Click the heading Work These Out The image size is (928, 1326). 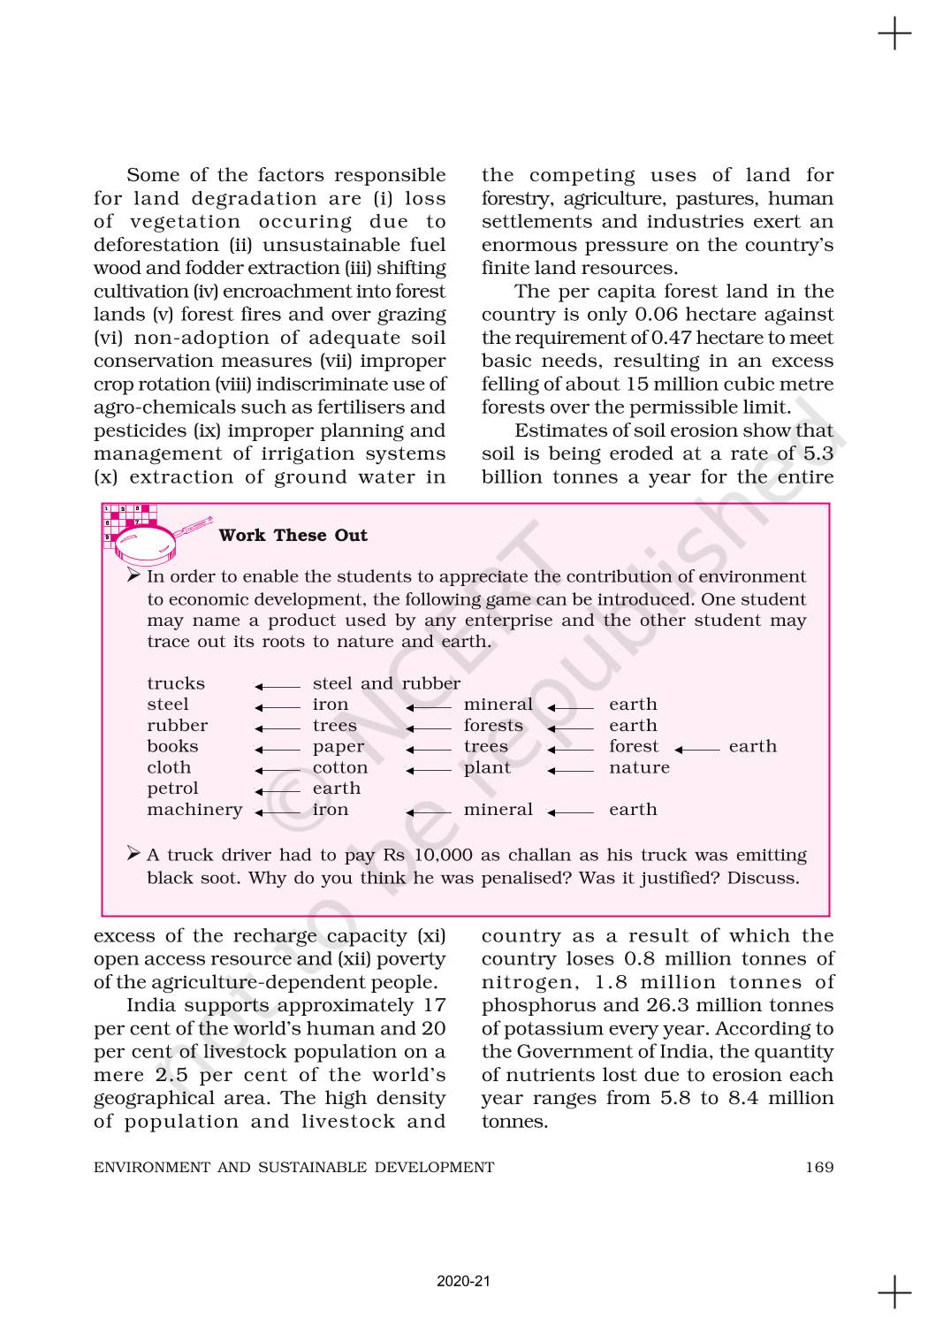[293, 535]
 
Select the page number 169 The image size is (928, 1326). [819, 1167]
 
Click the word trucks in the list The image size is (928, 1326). [176, 683]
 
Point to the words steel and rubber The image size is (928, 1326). [386, 683]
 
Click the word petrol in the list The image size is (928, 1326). [172, 789]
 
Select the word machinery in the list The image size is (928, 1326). [194, 810]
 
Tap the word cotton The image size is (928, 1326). [340, 767]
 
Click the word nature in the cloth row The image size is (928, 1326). [639, 767]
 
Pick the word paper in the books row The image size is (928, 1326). [338, 746]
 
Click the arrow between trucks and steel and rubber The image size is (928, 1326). [278, 686]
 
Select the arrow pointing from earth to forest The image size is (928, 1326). [697, 750]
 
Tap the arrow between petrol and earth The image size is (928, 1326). [278, 791]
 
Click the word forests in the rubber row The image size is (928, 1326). [493, 726]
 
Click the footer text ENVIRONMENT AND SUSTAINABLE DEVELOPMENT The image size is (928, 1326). [294, 1167]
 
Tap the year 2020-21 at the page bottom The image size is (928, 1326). [463, 1281]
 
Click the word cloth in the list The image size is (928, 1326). [169, 767]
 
